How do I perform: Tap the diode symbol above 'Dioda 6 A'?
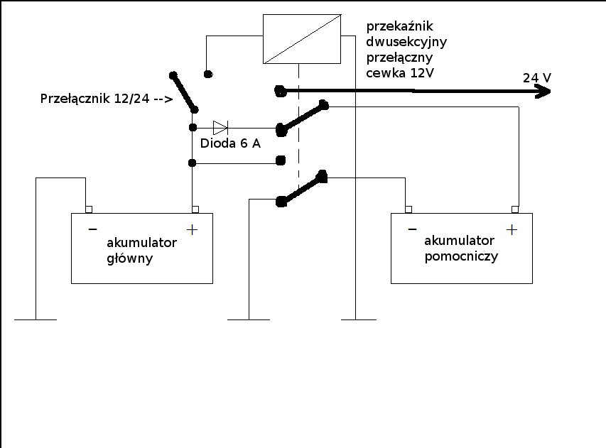click(x=220, y=128)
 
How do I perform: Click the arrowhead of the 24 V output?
click(x=543, y=91)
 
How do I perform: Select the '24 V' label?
click(x=536, y=77)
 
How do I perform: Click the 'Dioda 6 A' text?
click(x=230, y=143)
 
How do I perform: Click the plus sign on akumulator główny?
click(x=191, y=229)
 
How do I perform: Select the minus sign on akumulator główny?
click(x=92, y=229)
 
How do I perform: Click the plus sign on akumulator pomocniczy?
click(x=511, y=229)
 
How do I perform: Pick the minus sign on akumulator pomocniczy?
click(x=412, y=229)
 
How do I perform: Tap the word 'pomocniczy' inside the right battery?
click(x=460, y=256)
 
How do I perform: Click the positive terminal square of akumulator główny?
click(x=195, y=209)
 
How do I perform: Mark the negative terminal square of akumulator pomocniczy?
click(x=408, y=209)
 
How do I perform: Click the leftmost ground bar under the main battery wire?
click(x=36, y=319)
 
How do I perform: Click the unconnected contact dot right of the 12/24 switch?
click(x=207, y=73)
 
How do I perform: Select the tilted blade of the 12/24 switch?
click(x=183, y=92)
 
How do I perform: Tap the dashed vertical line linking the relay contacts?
click(x=299, y=142)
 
